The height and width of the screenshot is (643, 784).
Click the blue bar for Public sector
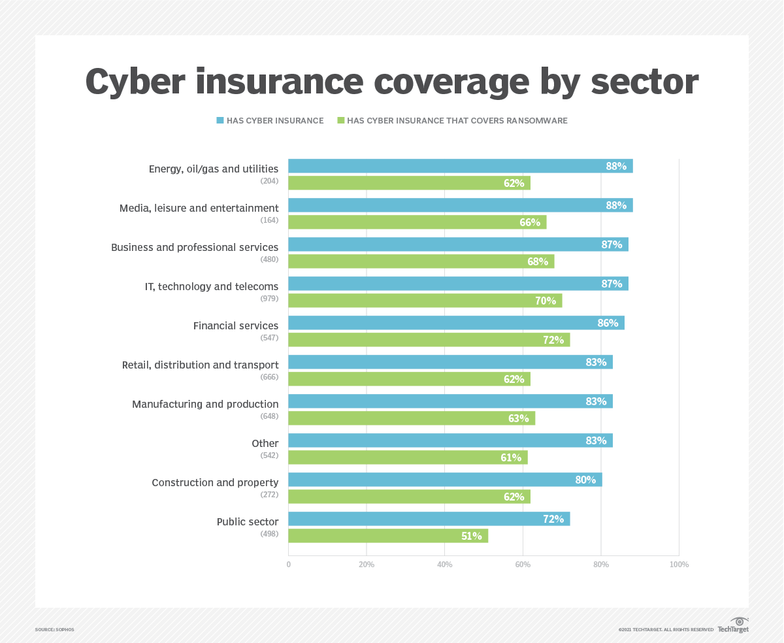429,519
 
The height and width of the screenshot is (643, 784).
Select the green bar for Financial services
429,340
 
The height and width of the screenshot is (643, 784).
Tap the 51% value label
472,536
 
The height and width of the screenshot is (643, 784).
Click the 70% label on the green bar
546,301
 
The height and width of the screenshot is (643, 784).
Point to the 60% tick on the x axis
523,565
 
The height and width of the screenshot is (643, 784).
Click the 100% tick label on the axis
679,565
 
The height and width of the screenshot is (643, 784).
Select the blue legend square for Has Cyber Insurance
221,120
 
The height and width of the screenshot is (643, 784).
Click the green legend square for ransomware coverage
340,120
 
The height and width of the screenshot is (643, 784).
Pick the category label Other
265,444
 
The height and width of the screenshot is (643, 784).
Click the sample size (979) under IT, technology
269,299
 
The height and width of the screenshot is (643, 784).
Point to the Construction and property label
215,483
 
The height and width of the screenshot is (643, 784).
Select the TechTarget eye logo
740,621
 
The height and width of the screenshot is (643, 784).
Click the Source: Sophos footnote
55,629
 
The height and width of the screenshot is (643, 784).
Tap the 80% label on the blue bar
585,480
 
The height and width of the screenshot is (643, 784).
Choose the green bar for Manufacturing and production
412,418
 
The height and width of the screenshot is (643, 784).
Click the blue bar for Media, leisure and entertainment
460,205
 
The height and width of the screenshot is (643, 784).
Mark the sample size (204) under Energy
269,181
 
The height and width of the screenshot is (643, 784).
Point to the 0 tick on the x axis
289,565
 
